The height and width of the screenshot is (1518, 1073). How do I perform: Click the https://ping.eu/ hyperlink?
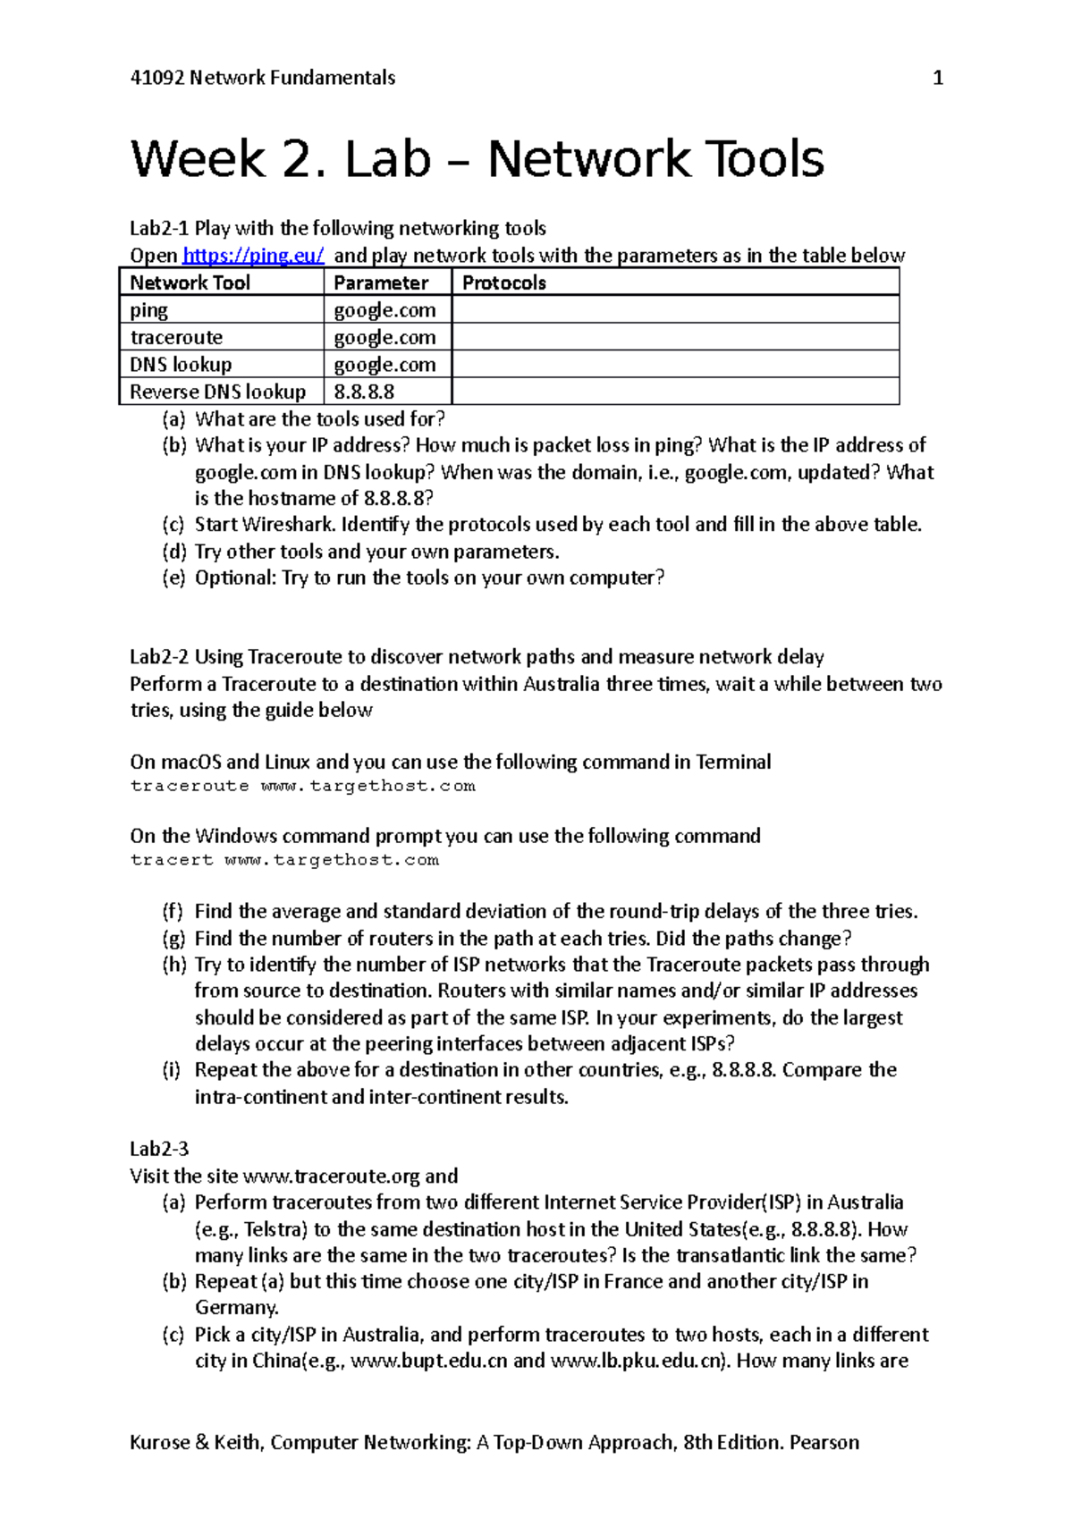click(253, 256)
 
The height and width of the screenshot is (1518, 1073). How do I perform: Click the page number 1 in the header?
click(938, 78)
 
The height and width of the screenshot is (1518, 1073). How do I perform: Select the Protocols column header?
click(504, 283)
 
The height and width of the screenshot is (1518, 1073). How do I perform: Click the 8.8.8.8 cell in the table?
click(364, 392)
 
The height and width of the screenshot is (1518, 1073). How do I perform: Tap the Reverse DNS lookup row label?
click(217, 392)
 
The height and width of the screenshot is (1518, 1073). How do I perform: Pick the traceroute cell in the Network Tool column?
click(176, 337)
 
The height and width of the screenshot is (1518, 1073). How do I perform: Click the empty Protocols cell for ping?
click(675, 310)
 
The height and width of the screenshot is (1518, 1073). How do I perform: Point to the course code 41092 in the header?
click(156, 78)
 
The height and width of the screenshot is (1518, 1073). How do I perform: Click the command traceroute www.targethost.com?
click(302, 786)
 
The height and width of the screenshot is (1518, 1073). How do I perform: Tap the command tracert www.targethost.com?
click(284, 860)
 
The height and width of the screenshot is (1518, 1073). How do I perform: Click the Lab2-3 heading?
click(159, 1149)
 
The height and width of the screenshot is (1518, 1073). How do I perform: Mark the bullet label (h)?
click(174, 965)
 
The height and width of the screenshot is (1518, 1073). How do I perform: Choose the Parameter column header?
click(381, 283)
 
